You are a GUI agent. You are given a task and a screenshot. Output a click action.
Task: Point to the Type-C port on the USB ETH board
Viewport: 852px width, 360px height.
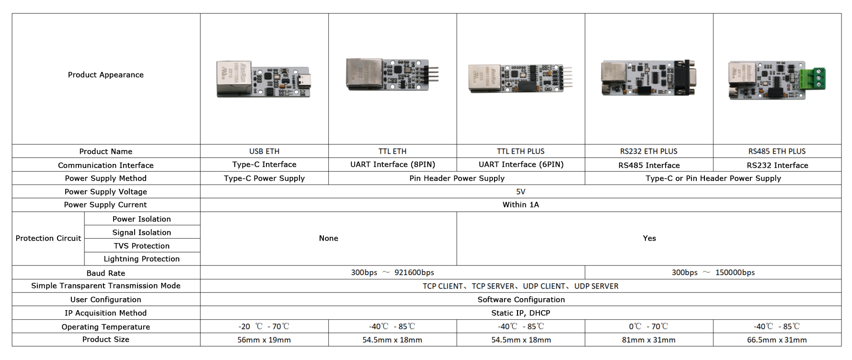tap(303, 81)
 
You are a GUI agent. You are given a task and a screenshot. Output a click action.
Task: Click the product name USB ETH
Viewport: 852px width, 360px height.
tap(265, 151)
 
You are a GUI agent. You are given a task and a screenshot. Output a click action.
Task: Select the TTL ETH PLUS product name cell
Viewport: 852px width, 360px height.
tap(521, 151)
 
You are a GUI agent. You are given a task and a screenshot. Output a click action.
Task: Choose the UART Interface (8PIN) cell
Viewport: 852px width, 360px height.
tap(393, 164)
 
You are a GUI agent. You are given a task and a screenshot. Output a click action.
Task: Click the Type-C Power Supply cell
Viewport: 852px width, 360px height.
tap(265, 178)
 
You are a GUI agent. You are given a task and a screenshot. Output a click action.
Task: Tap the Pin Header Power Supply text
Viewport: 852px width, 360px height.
tap(457, 178)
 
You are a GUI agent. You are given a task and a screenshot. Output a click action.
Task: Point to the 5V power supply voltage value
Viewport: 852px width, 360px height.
tap(521, 192)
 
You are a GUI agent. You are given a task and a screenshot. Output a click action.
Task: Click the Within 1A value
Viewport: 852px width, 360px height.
tap(521, 205)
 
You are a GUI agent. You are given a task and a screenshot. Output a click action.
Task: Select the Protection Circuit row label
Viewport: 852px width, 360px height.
tap(48, 238)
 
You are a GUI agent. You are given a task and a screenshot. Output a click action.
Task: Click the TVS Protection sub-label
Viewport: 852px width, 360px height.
tap(142, 246)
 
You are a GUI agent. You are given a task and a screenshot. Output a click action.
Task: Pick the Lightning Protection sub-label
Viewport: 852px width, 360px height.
tap(142, 259)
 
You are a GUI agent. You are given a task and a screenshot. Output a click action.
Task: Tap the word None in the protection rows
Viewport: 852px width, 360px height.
tap(329, 238)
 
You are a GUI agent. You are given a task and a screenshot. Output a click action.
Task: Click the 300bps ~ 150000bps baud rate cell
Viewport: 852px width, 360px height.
tap(713, 272)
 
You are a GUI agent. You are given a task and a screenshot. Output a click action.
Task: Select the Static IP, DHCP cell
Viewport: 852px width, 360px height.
tap(521, 313)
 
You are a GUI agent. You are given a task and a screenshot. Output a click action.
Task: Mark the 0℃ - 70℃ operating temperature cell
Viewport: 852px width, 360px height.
tap(649, 326)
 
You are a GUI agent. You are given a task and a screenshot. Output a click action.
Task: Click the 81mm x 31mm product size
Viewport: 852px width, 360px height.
tap(649, 340)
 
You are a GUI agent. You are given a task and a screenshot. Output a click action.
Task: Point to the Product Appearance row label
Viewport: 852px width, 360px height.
tap(106, 75)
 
